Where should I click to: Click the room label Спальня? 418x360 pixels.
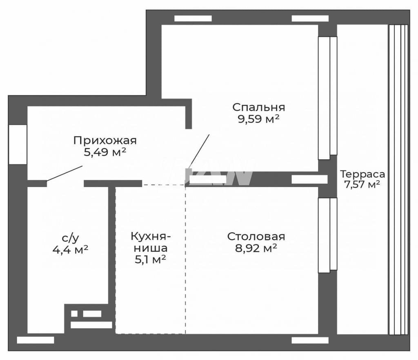coord(258,107)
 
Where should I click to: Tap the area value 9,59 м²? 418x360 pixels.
coord(258,119)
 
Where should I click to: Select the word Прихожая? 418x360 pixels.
coord(105,141)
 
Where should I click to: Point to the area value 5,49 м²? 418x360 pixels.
coord(105,152)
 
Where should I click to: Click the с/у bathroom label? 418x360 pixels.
coord(70,238)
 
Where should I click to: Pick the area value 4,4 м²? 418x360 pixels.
coord(70,250)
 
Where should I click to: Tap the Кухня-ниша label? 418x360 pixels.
coord(151,242)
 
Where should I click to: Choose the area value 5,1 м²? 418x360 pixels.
coord(151,259)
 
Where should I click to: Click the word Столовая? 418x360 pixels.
coord(256,237)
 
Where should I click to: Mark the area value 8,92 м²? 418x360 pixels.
coord(256,248)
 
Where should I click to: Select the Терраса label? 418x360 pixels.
coord(362,174)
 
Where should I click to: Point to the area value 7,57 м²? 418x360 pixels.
coord(362,184)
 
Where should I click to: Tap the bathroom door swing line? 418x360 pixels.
coord(64,174)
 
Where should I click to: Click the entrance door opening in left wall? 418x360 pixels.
coord(18,145)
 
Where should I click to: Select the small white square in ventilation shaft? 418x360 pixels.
coord(74,313)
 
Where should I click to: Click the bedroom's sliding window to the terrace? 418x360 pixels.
coord(328,98)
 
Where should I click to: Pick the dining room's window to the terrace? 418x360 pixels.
coord(328,235)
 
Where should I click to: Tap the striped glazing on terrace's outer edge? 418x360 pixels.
coord(398,180)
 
